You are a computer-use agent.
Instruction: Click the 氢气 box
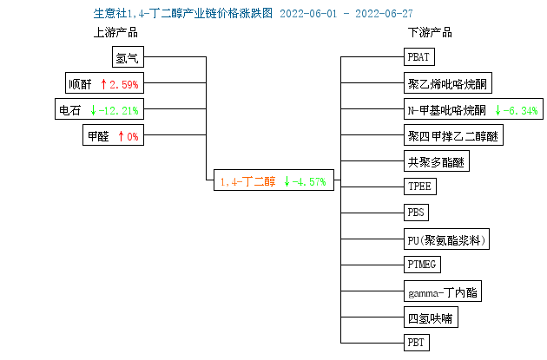tap(128, 56)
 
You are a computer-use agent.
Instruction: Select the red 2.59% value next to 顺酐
tap(124, 84)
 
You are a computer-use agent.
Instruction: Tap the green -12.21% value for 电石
tap(119, 110)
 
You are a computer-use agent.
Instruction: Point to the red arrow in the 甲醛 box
tap(121, 136)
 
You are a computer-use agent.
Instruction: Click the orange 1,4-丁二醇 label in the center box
tap(247, 181)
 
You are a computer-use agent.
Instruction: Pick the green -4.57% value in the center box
tap(309, 181)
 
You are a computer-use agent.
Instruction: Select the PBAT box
tap(419, 56)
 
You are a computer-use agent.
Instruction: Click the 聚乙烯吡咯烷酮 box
tap(448, 83)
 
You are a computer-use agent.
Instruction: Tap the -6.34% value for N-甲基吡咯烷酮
tap(520, 110)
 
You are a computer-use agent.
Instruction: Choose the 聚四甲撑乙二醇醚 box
tap(453, 134)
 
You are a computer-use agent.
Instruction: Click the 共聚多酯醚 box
tap(437, 161)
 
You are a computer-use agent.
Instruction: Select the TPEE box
tap(420, 187)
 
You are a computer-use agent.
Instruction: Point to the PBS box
tap(416, 213)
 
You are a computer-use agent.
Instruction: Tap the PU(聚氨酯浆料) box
tap(446, 239)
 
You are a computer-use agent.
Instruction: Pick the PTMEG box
tap(423, 265)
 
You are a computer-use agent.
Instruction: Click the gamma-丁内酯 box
tap(443, 291)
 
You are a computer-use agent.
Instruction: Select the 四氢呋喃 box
tap(432, 317)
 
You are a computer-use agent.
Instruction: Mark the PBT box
tap(417, 343)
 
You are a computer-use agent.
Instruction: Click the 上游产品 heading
tap(115, 33)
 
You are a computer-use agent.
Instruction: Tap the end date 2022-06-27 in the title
tap(384, 14)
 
